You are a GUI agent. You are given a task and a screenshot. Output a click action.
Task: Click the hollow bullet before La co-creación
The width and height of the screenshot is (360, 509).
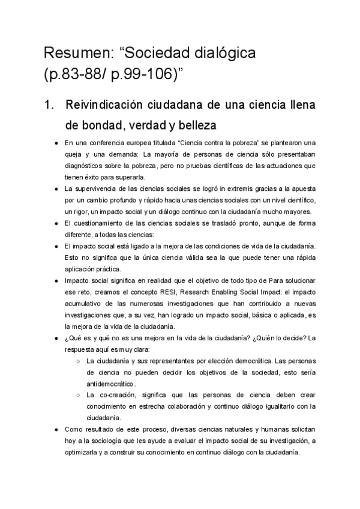tap(79, 395)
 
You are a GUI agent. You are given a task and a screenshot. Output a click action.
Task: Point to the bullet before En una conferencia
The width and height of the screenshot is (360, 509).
tap(56, 143)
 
